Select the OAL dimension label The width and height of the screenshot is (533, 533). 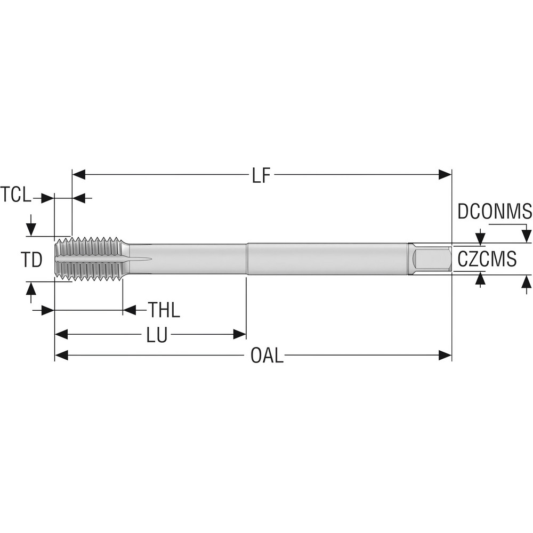267,356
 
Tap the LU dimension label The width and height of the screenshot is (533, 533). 157,335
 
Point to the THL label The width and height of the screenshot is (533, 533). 164,310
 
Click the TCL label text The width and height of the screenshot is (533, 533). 16,195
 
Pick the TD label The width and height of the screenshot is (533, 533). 31,260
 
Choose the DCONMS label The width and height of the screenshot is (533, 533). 495,212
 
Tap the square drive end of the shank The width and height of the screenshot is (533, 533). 431,259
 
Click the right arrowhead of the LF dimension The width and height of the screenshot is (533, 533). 445,174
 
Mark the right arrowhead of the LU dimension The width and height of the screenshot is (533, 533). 239,335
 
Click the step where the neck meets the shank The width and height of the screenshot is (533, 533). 246,259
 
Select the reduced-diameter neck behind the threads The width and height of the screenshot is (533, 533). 187,259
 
